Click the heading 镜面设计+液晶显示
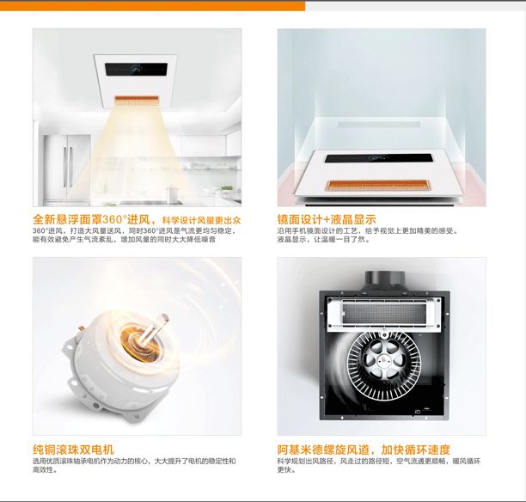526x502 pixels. [x=327, y=219]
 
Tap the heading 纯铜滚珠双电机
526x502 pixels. [x=73, y=450]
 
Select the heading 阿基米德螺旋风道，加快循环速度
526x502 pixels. [x=364, y=450]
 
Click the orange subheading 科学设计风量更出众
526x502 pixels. [x=201, y=220]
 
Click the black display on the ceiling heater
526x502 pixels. [x=136, y=70]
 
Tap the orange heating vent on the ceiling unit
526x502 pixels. [x=136, y=100]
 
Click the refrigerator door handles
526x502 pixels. [x=67, y=167]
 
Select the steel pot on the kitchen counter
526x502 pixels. [x=173, y=193]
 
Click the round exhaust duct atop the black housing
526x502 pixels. [x=385, y=279]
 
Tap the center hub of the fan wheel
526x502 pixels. [x=384, y=359]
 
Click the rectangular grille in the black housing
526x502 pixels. [x=384, y=314]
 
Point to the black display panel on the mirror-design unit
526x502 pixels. [x=378, y=158]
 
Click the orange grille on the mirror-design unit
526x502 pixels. [x=378, y=185]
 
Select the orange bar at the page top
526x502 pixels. [x=152, y=6]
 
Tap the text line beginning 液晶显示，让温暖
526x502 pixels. [x=324, y=240]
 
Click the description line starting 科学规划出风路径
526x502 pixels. [x=379, y=461]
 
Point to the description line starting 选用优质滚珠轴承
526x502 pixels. [x=134, y=461]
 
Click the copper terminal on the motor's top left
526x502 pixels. [x=81, y=328]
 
